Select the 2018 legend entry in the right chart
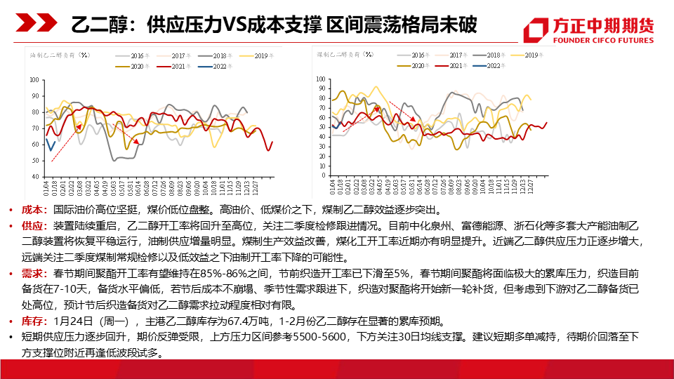[x=489, y=54]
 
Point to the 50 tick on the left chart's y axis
[x=34, y=160]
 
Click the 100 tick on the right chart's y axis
[x=322, y=79]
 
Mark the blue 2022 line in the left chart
[x=50, y=146]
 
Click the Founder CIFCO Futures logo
[x=589, y=28]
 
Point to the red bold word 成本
[x=32, y=209]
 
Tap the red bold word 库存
[x=32, y=321]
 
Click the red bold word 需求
[x=32, y=272]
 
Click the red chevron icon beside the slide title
[x=31, y=25]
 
